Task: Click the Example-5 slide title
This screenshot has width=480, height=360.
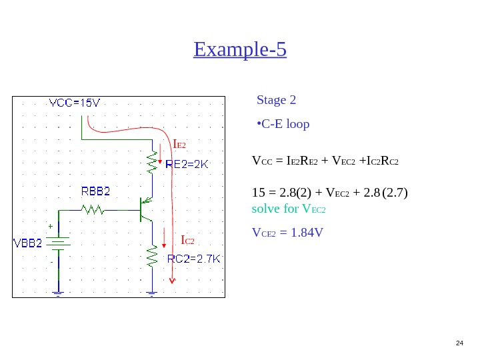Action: [240, 49]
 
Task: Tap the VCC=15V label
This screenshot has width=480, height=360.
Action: [75, 103]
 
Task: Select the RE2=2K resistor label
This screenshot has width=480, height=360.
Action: [187, 165]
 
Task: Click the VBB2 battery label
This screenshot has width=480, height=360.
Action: [28, 243]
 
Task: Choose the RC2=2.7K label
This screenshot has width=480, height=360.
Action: [193, 259]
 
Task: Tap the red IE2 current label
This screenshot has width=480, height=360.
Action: [179, 145]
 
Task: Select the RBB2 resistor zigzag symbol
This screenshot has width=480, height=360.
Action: [91, 210]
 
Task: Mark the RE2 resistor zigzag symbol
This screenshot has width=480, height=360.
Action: [153, 160]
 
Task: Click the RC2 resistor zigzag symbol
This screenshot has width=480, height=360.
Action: [153, 255]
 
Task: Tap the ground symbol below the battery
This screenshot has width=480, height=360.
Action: [58, 293]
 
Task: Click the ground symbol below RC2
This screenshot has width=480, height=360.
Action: [153, 293]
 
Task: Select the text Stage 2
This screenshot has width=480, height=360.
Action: [276, 101]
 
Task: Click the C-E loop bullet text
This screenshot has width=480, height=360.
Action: [283, 125]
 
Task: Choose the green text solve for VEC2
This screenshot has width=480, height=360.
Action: [290, 209]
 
